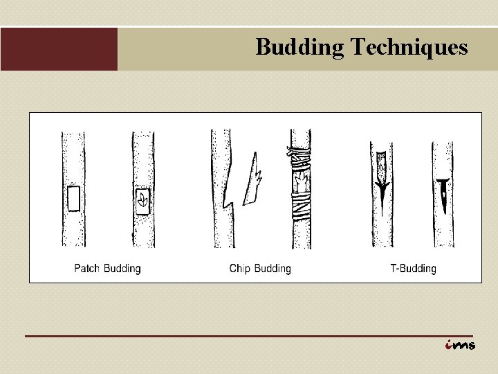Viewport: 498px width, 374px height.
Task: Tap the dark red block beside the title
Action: [59, 49]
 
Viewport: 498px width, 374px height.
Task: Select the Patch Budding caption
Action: [107, 269]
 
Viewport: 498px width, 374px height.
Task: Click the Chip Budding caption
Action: [260, 269]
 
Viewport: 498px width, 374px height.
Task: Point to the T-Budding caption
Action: [413, 269]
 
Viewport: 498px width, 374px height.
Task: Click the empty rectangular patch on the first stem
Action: [73, 198]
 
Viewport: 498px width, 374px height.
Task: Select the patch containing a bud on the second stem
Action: [142, 200]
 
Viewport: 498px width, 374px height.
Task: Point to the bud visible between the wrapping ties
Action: [301, 182]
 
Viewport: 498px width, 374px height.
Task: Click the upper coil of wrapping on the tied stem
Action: [299, 159]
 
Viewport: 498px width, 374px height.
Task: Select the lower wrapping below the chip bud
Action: [301, 206]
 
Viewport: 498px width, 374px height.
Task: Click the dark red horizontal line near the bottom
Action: [249, 336]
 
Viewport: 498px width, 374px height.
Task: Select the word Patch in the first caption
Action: [87, 269]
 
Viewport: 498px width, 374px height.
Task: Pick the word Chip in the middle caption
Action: [239, 269]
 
